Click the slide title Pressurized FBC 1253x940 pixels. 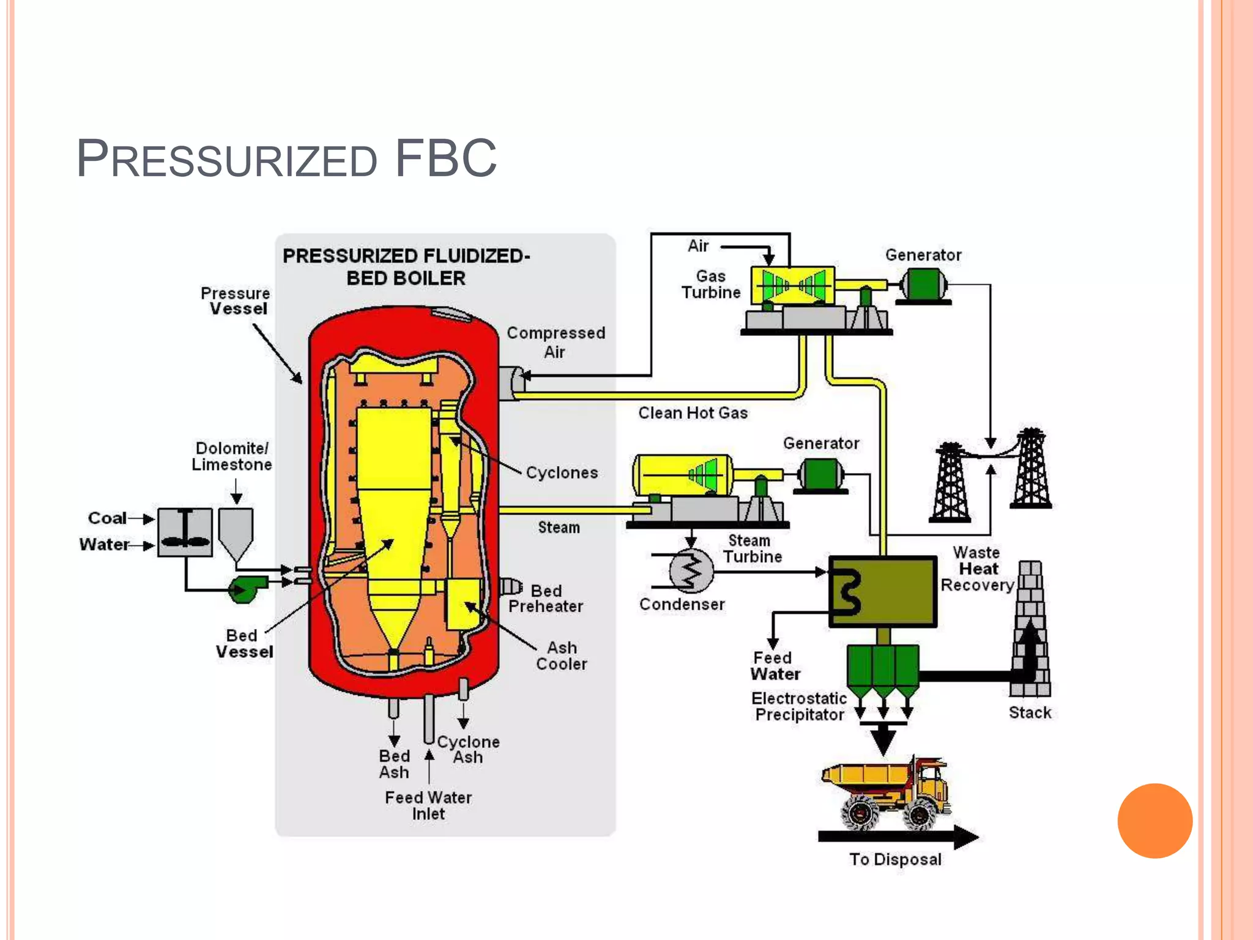click(286, 159)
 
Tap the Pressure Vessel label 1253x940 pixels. click(236, 301)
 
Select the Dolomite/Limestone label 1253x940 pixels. click(232, 457)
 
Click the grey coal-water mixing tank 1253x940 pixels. click(185, 532)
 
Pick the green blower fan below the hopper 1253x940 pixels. click(247, 589)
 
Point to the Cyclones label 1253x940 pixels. click(562, 472)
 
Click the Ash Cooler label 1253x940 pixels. click(561, 656)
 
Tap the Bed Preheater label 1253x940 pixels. click(546, 599)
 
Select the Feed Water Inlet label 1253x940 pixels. click(428, 805)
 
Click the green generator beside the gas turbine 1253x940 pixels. click(923, 285)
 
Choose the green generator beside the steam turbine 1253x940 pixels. click(820, 474)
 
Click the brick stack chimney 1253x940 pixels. click(1030, 630)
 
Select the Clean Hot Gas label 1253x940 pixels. click(693, 413)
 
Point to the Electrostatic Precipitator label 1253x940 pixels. click(799, 706)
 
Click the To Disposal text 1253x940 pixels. click(895, 859)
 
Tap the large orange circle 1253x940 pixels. click(1154, 821)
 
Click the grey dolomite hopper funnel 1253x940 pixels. click(236, 532)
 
